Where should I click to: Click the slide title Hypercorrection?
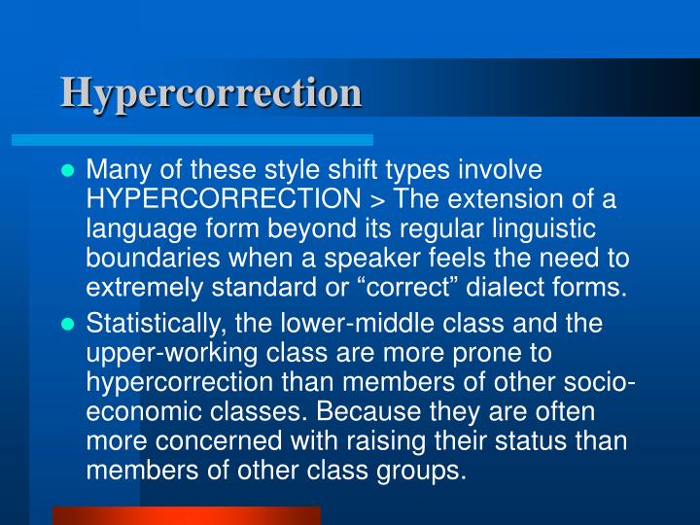point(211,92)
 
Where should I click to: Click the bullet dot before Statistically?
point(68,324)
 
